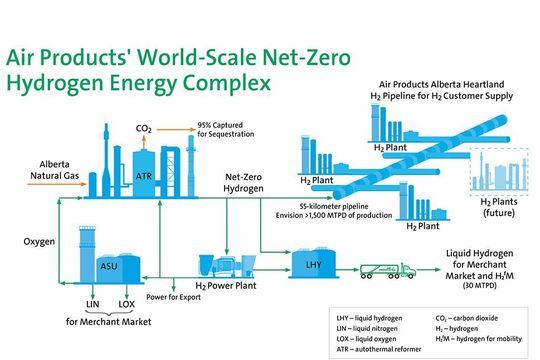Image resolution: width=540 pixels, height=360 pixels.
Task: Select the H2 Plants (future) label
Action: tap(492, 206)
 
